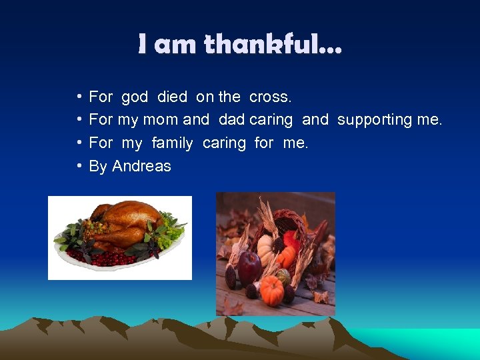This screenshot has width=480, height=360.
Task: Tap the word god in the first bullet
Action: [x=134, y=97]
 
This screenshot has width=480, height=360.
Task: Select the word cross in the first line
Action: [x=269, y=97]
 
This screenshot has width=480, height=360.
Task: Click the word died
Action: [x=172, y=97]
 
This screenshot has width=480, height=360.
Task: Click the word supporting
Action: [x=378, y=120]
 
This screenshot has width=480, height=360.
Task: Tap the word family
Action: [x=172, y=143]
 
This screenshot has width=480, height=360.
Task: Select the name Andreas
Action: [x=141, y=166]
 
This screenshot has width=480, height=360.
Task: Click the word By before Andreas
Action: [x=98, y=166]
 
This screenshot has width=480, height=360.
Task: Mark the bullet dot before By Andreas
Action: [x=79, y=166]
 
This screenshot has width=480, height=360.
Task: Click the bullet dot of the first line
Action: [x=79, y=97]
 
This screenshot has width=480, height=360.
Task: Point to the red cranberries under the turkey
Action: [x=100, y=257]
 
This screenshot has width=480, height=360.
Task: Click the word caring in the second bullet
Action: [x=271, y=120]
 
